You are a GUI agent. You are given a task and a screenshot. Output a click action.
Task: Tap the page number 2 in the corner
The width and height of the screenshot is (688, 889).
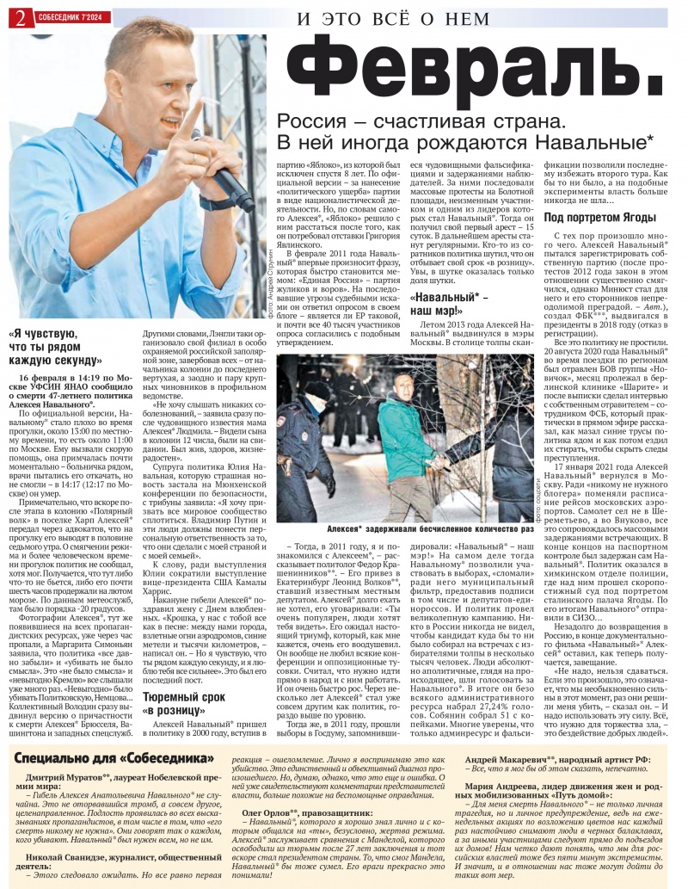[17, 18]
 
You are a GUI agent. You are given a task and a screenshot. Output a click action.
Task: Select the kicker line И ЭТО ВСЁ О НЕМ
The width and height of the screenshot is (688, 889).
[394, 18]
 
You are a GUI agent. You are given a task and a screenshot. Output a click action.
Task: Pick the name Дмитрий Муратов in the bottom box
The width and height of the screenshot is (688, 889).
[67, 778]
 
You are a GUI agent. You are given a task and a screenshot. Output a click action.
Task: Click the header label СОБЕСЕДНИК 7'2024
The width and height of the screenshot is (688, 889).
[71, 17]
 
